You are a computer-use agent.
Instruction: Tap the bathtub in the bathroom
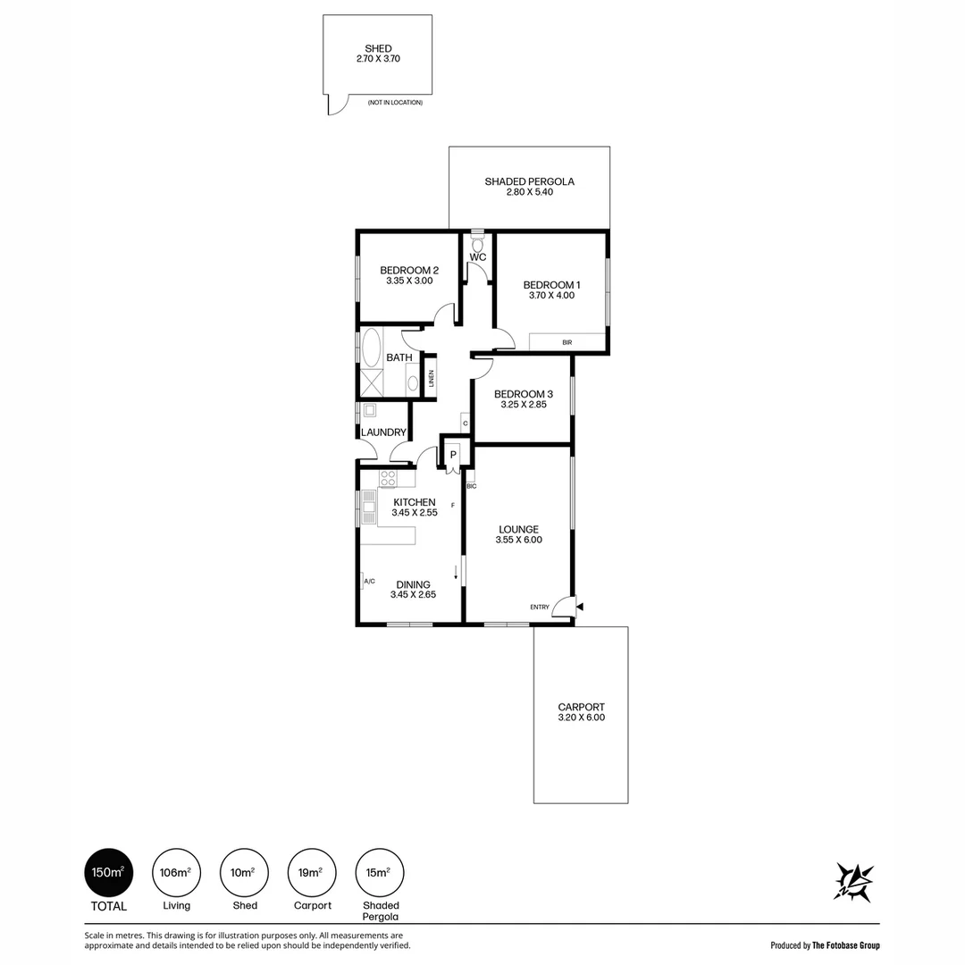[372, 347]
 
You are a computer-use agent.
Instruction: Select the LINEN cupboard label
[432, 378]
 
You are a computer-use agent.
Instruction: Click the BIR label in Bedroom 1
[566, 342]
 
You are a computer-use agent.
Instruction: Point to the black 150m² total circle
[108, 872]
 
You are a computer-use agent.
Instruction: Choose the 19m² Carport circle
[312, 872]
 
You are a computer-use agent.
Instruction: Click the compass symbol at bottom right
[853, 882]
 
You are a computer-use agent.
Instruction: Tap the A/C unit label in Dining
[369, 581]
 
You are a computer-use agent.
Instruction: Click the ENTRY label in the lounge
[539, 607]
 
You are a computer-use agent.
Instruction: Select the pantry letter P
[453, 455]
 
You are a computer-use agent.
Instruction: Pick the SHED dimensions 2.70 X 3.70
[378, 58]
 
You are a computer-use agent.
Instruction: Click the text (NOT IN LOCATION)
[395, 102]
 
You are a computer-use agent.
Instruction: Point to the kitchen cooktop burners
[388, 478]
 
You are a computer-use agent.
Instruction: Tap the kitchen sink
[369, 507]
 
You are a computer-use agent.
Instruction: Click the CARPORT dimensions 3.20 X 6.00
[581, 717]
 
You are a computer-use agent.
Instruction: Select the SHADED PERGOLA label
[529, 181]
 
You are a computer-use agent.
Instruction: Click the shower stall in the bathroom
[372, 382]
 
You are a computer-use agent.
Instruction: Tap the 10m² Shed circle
[244, 872]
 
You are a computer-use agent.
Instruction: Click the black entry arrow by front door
[579, 607]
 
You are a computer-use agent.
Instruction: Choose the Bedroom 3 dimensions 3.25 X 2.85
[523, 405]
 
